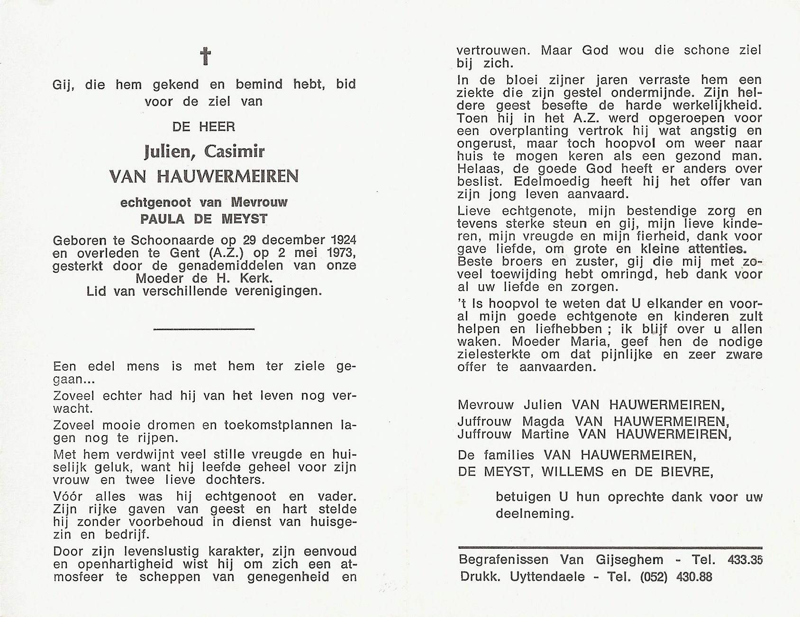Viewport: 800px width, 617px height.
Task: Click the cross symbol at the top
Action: point(205,56)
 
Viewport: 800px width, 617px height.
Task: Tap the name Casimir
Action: point(234,152)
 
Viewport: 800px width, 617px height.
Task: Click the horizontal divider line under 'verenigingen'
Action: point(205,328)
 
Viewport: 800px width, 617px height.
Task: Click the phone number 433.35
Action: point(745,560)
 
